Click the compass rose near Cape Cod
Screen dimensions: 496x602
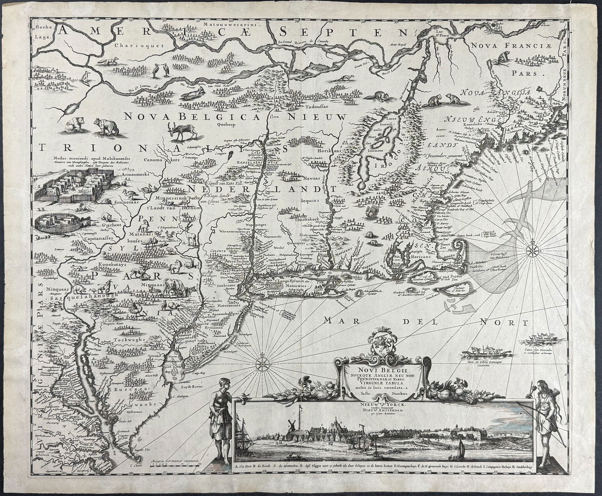pos(534,249)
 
